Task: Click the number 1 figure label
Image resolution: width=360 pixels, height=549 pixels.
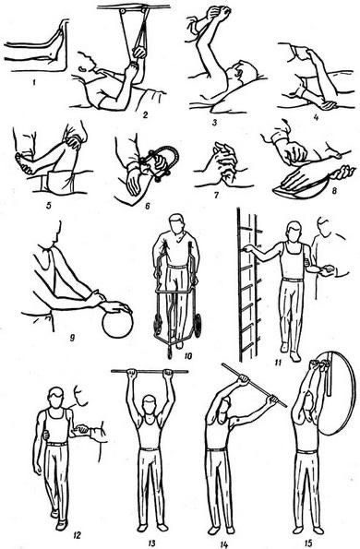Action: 34,83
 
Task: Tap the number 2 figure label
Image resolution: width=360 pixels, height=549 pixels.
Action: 145,114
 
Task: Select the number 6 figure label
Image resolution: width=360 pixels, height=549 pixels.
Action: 148,207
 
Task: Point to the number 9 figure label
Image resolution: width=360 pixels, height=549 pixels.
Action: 73,339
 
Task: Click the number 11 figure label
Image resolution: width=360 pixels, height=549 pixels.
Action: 279,362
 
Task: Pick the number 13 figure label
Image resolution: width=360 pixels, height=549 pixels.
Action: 151,543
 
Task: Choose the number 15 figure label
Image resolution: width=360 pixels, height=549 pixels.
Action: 308,543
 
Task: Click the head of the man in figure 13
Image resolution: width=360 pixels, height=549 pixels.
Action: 150,405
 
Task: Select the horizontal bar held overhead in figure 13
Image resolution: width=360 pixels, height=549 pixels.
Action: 150,372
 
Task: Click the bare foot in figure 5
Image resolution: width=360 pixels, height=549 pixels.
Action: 25,164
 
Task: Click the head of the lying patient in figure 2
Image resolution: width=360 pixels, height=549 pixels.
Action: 87,63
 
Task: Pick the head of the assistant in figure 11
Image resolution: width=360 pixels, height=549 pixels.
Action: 324,227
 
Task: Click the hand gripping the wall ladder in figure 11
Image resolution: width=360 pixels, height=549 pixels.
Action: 248,248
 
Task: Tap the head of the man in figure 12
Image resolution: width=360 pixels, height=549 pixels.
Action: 56,398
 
